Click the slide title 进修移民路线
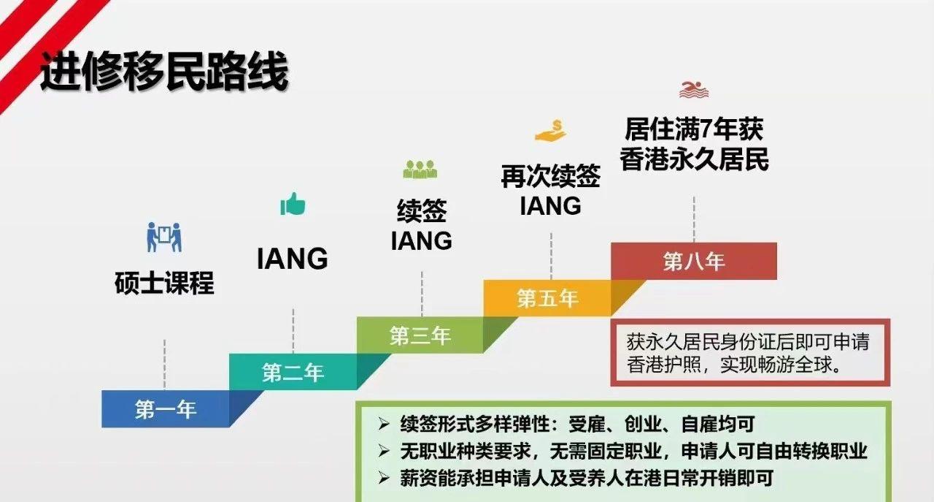[163, 71]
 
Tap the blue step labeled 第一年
[166, 409]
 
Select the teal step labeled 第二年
[293, 373]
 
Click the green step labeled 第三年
[420, 335]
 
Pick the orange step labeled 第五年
[547, 298]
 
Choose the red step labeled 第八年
[693, 261]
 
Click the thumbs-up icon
[293, 204]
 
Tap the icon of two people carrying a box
[164, 237]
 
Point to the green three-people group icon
[420, 170]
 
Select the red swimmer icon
[694, 90]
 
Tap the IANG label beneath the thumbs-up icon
[293, 259]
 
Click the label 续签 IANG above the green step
[421, 226]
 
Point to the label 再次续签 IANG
[550, 191]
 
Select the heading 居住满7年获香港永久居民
[694, 145]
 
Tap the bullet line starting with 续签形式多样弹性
[576, 424]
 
